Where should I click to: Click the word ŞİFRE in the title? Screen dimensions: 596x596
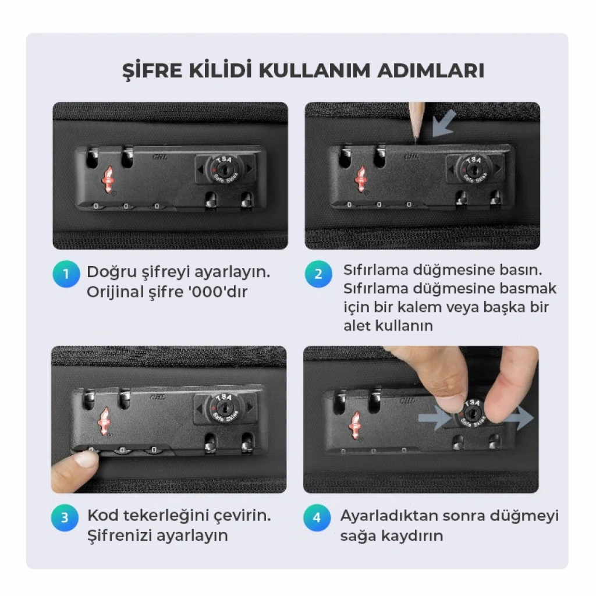click(x=152, y=70)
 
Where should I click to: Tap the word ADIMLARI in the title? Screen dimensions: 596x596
click(x=431, y=70)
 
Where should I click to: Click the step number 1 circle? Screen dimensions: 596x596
click(x=66, y=274)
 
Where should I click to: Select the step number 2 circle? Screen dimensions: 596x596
click(x=318, y=274)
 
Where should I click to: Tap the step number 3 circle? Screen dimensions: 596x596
click(x=65, y=517)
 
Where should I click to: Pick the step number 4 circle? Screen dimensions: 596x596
click(x=317, y=517)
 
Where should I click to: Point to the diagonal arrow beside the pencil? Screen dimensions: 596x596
click(x=444, y=123)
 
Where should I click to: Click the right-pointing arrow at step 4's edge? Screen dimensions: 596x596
click(x=518, y=418)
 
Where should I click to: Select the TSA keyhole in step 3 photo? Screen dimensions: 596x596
click(x=224, y=409)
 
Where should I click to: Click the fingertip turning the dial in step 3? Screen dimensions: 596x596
click(x=86, y=458)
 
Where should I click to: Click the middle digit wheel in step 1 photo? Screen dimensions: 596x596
click(x=126, y=207)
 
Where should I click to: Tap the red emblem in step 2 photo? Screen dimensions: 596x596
click(x=361, y=179)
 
